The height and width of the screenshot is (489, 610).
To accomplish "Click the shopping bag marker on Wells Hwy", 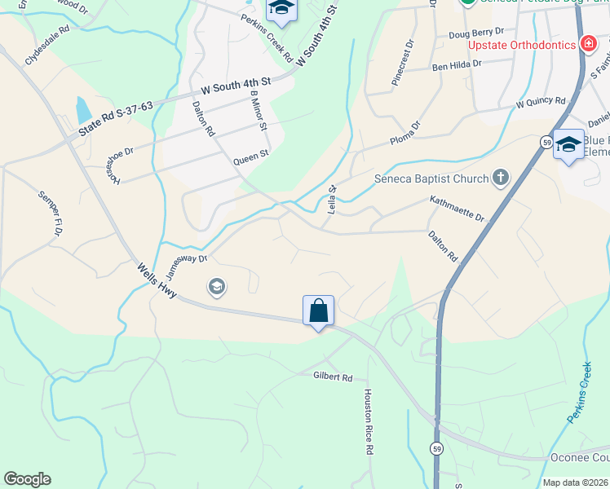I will [x=318, y=311].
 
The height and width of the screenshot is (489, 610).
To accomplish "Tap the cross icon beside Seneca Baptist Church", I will [x=501, y=178].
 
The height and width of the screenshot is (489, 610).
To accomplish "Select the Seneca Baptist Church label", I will [x=431, y=178].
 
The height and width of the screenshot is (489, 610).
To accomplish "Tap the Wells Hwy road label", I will [x=157, y=280].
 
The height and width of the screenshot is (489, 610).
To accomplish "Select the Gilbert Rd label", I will [x=333, y=377].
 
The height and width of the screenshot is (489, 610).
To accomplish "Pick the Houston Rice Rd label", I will [x=369, y=421].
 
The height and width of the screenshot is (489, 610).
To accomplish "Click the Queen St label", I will [x=250, y=156].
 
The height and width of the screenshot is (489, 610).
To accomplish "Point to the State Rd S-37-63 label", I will [x=116, y=119].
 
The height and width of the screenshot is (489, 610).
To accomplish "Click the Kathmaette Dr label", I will [x=457, y=208].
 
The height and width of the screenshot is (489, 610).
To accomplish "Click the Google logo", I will [x=27, y=479].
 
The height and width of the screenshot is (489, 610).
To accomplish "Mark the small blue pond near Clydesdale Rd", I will [x=82, y=109].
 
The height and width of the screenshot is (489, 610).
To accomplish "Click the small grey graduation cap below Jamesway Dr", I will [x=217, y=286].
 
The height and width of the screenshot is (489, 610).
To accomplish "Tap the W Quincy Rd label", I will [x=541, y=104].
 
